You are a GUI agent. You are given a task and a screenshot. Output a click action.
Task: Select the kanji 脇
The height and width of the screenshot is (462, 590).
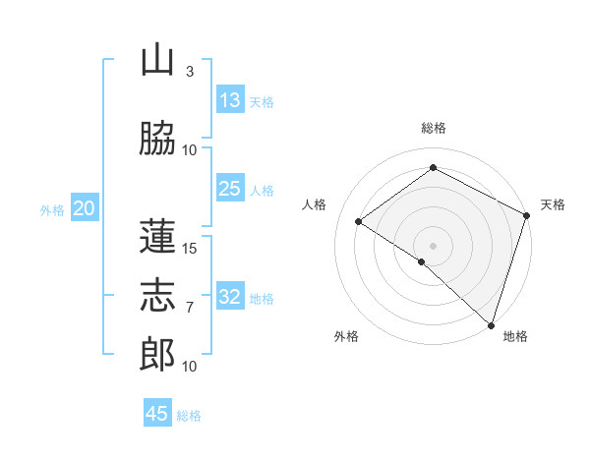[158, 139]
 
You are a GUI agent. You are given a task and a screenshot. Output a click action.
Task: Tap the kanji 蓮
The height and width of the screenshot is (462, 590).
[158, 236]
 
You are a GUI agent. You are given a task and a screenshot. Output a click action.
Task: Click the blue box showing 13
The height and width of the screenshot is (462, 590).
[229, 100]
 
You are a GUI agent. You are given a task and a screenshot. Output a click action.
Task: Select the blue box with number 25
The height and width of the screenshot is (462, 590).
[229, 189]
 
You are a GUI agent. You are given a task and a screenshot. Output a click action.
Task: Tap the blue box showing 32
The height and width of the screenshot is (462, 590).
[229, 297]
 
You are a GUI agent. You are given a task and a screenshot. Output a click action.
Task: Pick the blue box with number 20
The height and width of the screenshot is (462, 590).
[84, 208]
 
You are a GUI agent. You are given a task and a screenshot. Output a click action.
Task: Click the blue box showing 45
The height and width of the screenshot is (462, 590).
[157, 414]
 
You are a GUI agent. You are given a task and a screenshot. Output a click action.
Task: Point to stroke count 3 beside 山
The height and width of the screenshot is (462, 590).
[190, 72]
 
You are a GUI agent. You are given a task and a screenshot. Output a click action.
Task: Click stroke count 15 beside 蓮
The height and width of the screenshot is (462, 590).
[190, 248]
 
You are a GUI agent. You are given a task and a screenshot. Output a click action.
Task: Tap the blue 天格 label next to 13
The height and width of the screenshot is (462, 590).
[262, 102]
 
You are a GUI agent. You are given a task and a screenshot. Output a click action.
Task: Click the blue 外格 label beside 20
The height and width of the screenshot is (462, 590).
[52, 210]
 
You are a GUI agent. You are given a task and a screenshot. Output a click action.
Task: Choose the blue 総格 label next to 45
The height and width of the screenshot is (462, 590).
[189, 416]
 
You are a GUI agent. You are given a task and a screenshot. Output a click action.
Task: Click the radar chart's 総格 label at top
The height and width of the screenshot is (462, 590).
[433, 128]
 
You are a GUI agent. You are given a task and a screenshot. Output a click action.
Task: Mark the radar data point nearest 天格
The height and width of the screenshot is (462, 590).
[527, 215]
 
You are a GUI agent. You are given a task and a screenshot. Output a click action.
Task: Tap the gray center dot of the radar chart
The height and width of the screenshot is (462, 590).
[433, 245]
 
